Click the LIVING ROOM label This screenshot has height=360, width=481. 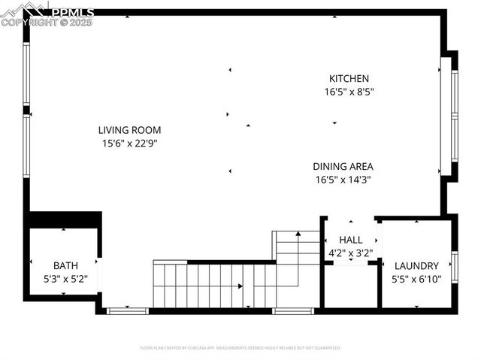click(129, 129)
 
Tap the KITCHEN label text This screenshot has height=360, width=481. click(349, 78)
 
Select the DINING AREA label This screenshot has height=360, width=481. click(343, 166)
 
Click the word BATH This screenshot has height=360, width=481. click(65, 265)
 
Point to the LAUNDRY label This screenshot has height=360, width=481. click(416, 265)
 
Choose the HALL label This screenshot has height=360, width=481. click(350, 240)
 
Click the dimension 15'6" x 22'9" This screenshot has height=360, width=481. click(129, 142)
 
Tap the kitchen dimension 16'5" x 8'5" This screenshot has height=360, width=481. click(349, 92)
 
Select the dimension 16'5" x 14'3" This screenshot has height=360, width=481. click(343, 179)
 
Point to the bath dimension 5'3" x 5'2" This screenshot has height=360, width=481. click(65, 278)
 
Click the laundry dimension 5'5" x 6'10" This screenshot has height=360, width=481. click(416, 278)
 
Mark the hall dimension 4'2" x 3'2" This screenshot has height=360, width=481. click(350, 253)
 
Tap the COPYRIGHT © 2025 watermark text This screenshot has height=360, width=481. click(47, 23)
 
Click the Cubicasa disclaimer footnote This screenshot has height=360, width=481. click(240, 348)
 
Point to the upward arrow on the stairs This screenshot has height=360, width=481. click(298, 234)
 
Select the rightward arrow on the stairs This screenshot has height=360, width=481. click(240, 286)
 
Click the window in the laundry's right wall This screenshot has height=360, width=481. click(454, 268)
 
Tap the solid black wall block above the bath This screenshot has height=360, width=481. click(64, 219)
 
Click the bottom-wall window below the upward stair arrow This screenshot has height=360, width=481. click(293, 310)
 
